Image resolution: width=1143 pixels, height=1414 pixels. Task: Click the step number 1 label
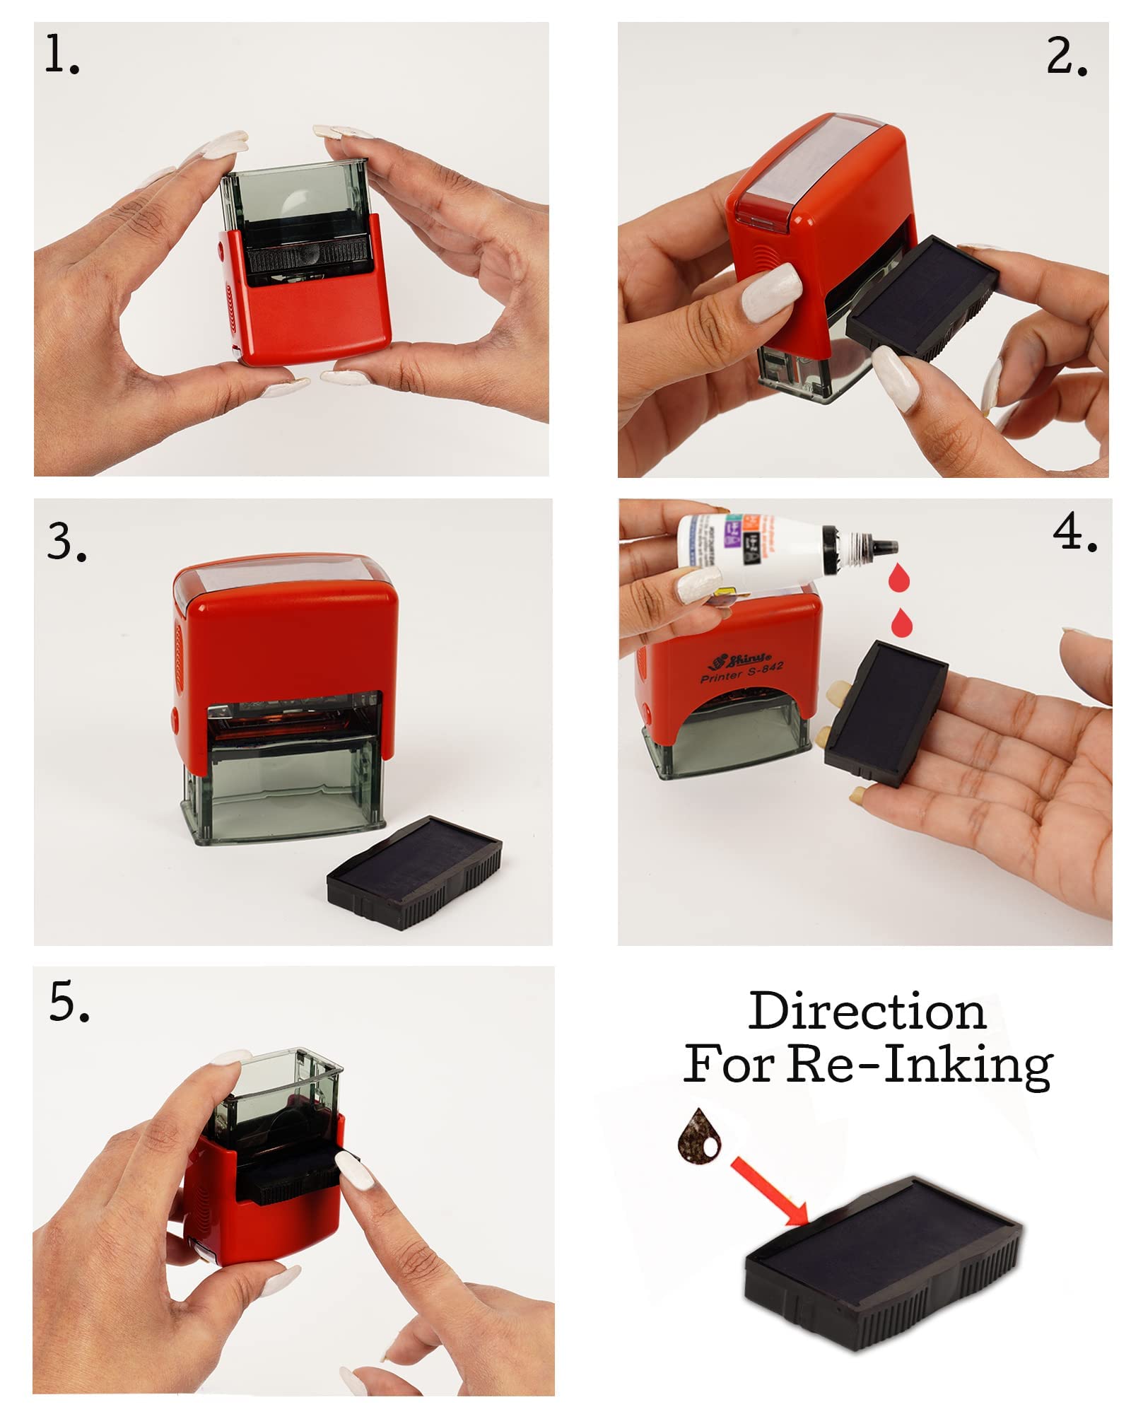click(61, 55)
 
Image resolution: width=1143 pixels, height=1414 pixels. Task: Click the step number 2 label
click(1066, 57)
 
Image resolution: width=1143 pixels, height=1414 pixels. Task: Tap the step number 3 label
click(66, 542)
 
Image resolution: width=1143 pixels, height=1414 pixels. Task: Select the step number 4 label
click(1074, 532)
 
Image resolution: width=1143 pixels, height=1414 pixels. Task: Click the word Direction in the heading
click(867, 1012)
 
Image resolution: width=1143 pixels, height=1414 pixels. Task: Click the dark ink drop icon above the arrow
click(699, 1135)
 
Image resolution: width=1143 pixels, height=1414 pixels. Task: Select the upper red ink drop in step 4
click(898, 578)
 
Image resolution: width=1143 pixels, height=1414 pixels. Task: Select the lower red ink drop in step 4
click(901, 623)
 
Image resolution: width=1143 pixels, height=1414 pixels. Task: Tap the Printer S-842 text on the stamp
click(742, 672)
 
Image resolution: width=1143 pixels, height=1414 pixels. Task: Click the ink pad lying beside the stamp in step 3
click(416, 872)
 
